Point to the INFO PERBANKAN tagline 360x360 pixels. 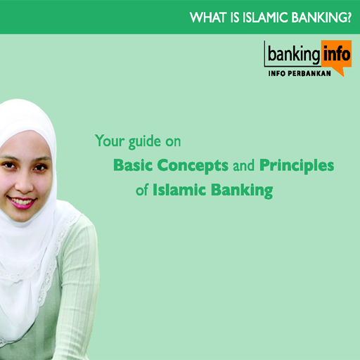[300, 73]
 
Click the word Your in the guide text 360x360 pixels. [110, 141]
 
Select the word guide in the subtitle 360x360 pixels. [145, 142]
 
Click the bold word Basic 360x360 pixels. [133, 165]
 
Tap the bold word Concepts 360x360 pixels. [193, 166]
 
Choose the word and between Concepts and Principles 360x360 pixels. [243, 165]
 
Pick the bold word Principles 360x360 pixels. [297, 166]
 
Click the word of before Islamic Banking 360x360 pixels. [142, 189]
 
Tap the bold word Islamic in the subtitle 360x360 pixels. [179, 189]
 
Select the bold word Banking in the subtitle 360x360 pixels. [242, 191]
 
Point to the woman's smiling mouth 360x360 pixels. [21, 202]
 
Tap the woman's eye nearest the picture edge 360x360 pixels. [8, 165]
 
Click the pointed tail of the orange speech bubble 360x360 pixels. [342, 75]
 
